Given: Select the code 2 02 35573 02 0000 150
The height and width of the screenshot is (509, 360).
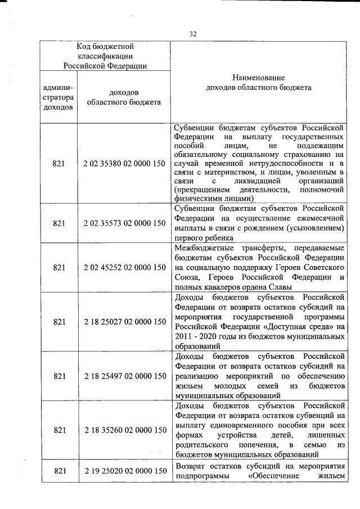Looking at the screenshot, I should [x=124, y=223].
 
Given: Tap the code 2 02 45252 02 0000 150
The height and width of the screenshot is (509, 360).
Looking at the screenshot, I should [x=124, y=268].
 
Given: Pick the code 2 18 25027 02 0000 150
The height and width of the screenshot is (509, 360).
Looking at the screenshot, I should [x=124, y=322].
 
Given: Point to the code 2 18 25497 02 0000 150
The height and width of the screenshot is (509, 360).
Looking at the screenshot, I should [x=124, y=376].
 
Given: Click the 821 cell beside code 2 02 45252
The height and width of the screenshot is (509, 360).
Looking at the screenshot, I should [x=60, y=268].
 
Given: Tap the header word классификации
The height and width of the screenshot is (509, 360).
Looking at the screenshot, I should [x=105, y=56].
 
